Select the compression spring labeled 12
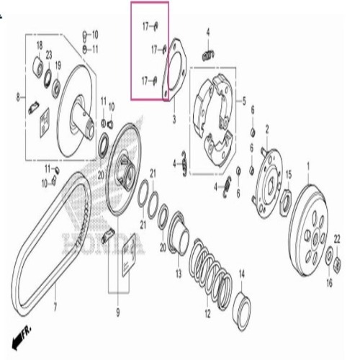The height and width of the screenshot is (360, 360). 210,274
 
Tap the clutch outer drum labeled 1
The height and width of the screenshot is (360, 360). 308,230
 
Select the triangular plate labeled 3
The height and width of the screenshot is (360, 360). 174,70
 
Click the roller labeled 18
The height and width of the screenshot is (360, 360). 38,66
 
